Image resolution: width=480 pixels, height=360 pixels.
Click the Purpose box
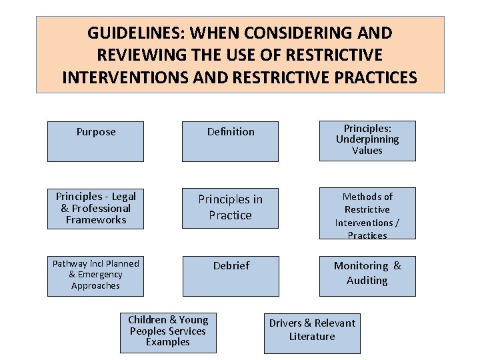(95, 141)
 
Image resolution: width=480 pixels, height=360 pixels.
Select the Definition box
(231, 141)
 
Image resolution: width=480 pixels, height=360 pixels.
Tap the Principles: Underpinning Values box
(367, 141)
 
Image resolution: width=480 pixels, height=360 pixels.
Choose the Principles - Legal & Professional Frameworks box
(95, 208)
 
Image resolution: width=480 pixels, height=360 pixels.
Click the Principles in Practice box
(231, 208)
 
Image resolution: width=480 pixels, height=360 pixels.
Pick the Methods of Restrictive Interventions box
(367, 213)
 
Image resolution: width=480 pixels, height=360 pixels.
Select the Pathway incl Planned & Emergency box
(95, 275)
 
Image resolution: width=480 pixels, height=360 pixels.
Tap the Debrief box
(231, 275)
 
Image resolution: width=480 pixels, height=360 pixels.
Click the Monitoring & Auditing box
(367, 275)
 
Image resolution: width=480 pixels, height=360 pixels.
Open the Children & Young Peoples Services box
(168, 332)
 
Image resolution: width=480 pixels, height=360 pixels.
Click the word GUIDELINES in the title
(133, 33)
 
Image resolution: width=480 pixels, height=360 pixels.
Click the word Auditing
(367, 281)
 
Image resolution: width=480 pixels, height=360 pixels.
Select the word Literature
(312, 337)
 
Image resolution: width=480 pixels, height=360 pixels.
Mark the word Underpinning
(367, 139)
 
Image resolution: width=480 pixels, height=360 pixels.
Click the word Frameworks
(96, 219)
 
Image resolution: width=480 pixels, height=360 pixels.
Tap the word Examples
(168, 342)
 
